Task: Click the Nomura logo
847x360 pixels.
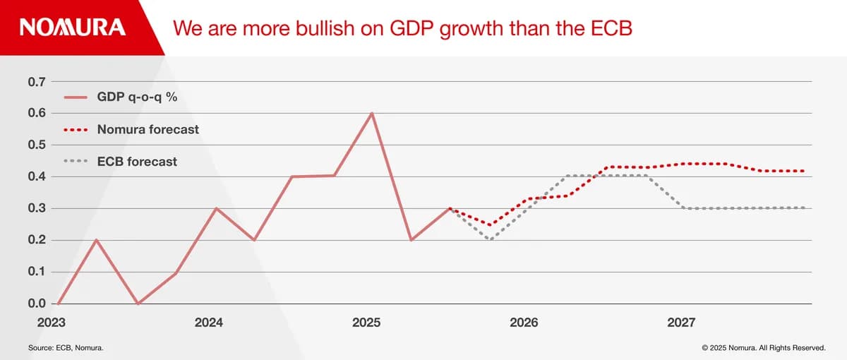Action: (x=73, y=28)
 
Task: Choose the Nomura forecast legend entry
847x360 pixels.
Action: (x=148, y=130)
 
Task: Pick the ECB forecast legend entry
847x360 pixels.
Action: (x=137, y=162)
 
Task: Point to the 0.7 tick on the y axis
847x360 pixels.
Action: (x=37, y=82)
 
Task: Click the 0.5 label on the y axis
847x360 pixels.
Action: (x=37, y=145)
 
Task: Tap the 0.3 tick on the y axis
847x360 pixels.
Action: (x=37, y=208)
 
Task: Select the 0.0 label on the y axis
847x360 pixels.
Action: (x=37, y=304)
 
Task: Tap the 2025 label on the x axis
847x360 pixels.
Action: (x=366, y=323)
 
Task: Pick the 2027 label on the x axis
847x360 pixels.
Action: (x=681, y=323)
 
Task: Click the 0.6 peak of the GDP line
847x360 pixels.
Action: (x=371, y=113)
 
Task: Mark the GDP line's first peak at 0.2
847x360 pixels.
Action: (x=96, y=240)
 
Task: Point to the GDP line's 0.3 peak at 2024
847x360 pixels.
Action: (x=216, y=208)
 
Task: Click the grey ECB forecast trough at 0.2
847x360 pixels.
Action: (x=490, y=239)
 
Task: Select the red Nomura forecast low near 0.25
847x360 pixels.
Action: (x=490, y=224)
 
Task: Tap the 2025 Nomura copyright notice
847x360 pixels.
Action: (x=764, y=348)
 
